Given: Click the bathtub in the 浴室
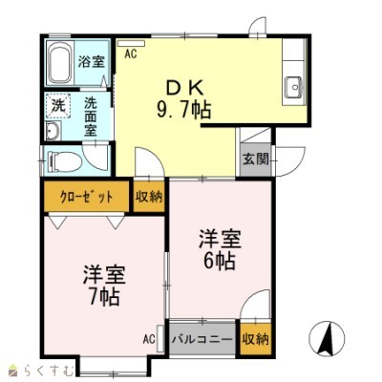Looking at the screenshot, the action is point(60,63).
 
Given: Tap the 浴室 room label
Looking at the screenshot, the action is point(92,61).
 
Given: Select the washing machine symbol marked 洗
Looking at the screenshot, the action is point(58,104).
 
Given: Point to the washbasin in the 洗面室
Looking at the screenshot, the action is point(53,132).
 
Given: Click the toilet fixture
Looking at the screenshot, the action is point(64,161).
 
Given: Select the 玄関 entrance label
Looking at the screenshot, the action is point(256,159).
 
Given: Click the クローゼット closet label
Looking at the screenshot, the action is point(86,197).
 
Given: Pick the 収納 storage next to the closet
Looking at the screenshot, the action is point(149,197).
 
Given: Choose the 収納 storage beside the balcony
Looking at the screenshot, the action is point(256,339).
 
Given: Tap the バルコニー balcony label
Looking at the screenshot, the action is point(202,339).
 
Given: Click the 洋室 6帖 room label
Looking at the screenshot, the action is point(220,249).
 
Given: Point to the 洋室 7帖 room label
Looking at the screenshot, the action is point(104,285).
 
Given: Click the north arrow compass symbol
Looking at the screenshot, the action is point(327,338).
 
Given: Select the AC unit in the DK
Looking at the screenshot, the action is point(131,43).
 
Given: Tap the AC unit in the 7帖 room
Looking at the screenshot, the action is point(160,339).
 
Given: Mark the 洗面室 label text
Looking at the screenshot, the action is point(91,117).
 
